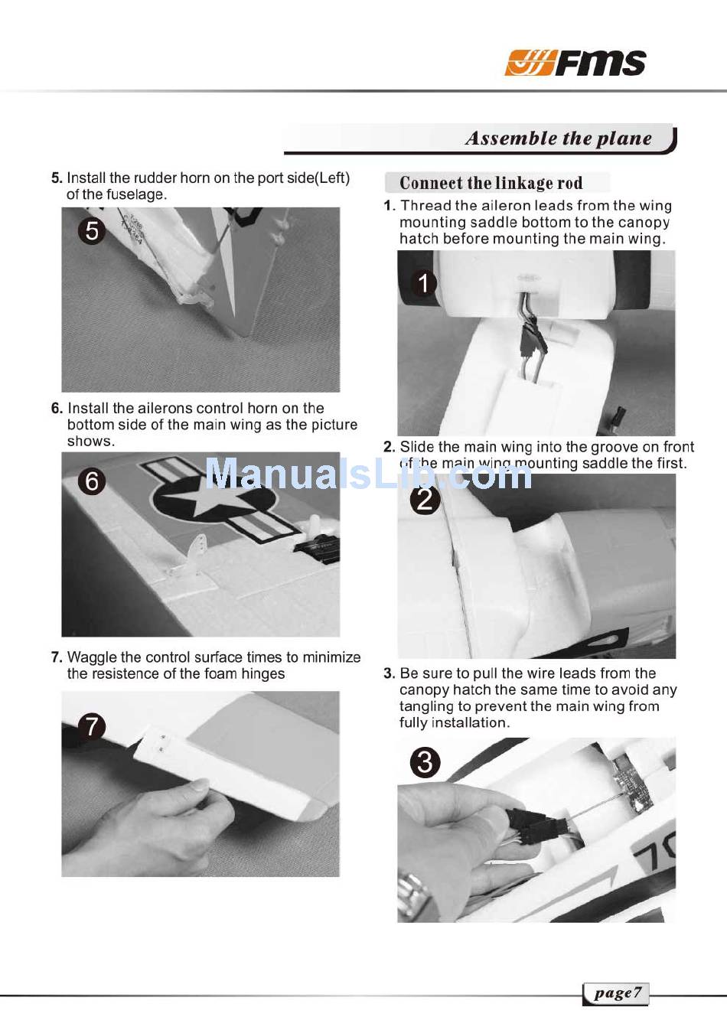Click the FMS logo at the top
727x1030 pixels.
point(575,62)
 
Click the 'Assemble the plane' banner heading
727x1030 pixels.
point(558,139)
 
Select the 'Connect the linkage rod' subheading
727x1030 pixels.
point(491,183)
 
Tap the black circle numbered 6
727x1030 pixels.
point(92,481)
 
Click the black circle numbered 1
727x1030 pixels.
point(423,283)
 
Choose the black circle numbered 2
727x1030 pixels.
point(425,500)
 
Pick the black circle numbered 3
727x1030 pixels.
point(425,762)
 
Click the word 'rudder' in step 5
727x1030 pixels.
point(155,178)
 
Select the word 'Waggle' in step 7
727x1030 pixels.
point(92,658)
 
